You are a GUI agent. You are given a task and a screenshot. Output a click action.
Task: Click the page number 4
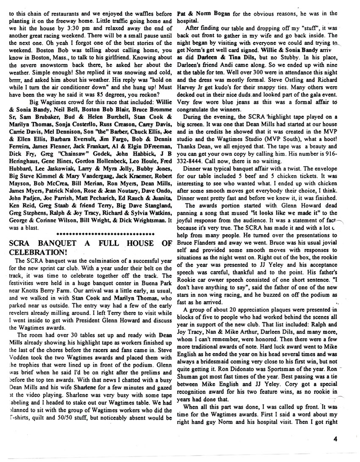[x=335, y=439]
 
